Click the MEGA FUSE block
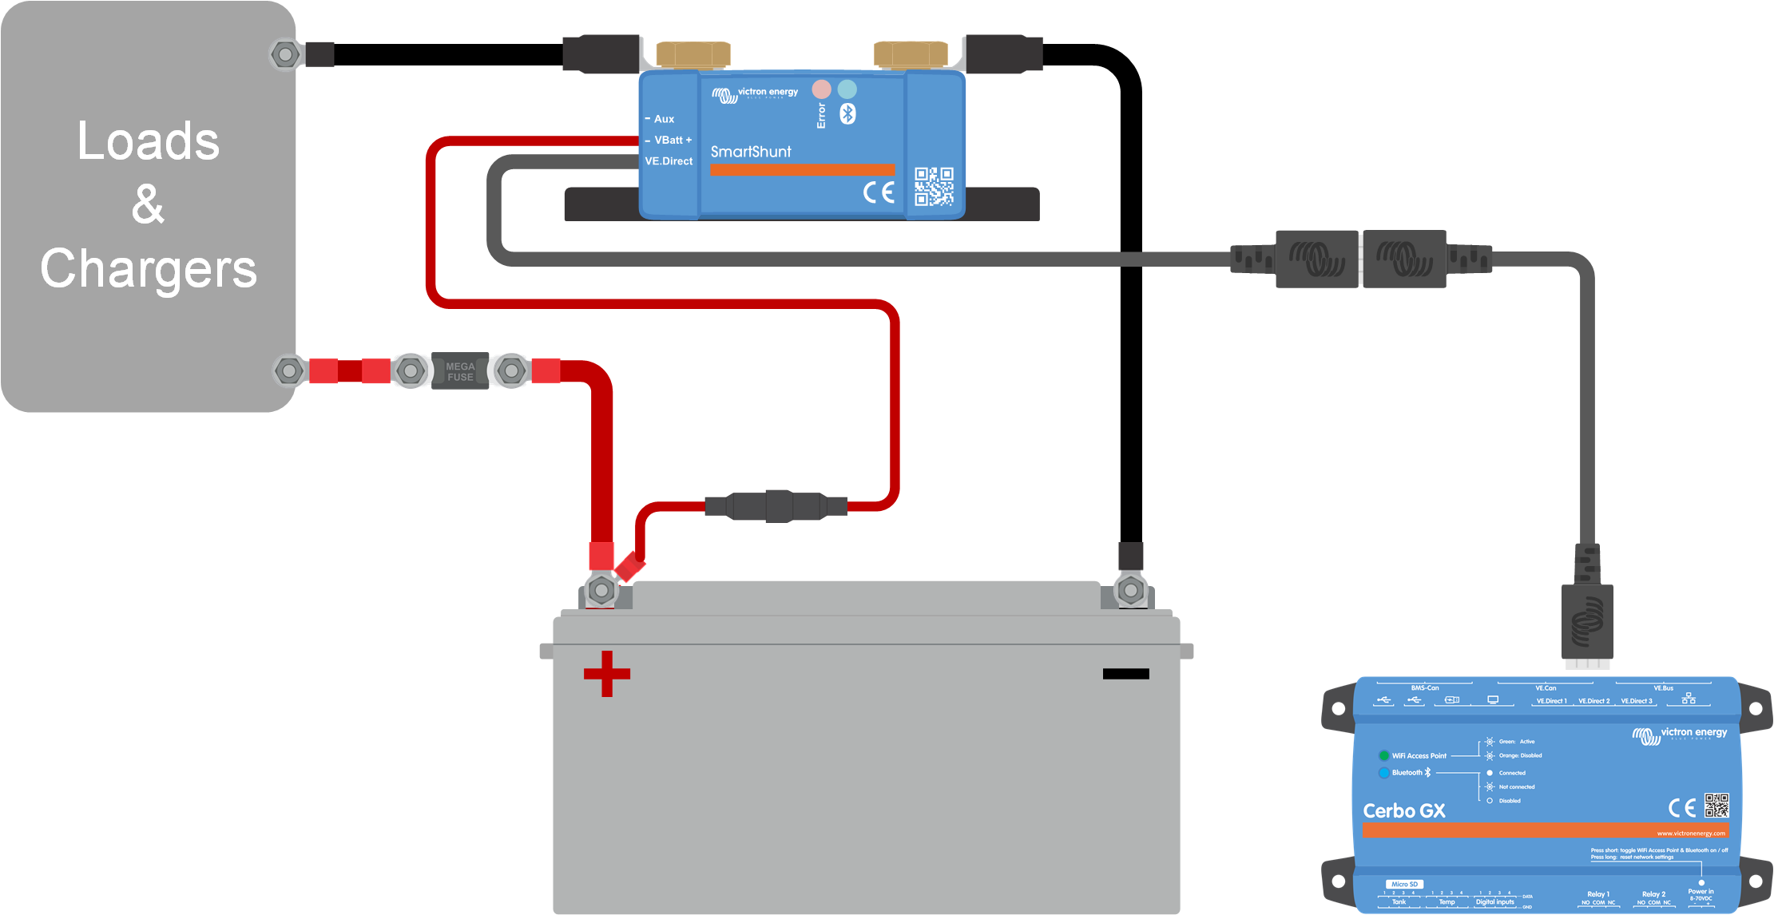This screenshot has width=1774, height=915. tap(460, 371)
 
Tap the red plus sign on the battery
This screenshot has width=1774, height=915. tap(607, 674)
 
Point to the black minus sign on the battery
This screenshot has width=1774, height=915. tap(1125, 674)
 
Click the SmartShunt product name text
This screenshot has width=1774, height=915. tap(751, 152)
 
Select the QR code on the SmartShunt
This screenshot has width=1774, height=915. tap(934, 186)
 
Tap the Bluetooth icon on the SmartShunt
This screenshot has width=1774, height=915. tap(847, 114)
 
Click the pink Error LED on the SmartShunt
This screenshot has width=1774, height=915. tap(821, 89)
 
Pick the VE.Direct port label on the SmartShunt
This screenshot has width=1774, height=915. tap(669, 161)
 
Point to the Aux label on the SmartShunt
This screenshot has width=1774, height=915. tap(664, 119)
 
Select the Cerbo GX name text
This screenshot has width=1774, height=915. tap(1403, 811)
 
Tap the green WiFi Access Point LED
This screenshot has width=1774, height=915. tap(1383, 755)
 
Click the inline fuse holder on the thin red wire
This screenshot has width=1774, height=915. tap(776, 506)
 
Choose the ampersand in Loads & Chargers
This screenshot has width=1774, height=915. tap(148, 204)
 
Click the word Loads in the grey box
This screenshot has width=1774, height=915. tap(148, 141)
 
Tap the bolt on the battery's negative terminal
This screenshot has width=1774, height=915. tap(1130, 591)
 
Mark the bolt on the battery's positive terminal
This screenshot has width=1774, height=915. tap(601, 591)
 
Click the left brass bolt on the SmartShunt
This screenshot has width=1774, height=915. tap(693, 54)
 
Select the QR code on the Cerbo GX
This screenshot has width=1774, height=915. tap(1716, 805)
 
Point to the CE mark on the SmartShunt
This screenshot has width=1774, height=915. tap(879, 192)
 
